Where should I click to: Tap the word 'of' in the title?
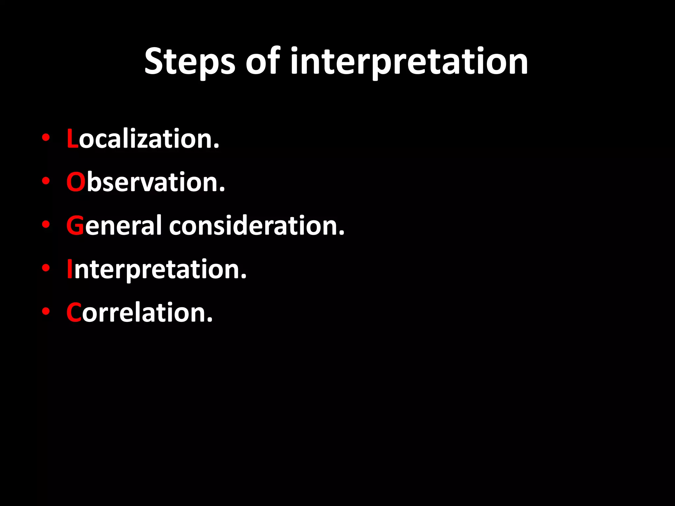tap(263, 61)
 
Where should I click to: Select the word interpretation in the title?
tap(409, 62)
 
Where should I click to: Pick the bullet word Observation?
tap(146, 182)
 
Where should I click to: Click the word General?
tap(114, 226)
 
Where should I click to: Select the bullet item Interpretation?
tap(157, 269)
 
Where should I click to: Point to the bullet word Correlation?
tap(139, 312)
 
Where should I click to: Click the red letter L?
tap(72, 139)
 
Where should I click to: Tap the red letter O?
tap(76, 182)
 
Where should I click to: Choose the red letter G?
tap(75, 226)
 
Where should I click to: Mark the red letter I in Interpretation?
tap(70, 269)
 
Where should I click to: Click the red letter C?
tap(73, 312)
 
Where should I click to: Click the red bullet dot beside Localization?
tap(46, 137)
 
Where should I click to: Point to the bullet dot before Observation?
tap(46, 181)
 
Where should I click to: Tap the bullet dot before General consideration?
tap(46, 224)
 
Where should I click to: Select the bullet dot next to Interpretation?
tap(46, 268)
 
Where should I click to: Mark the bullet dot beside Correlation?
tap(46, 311)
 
